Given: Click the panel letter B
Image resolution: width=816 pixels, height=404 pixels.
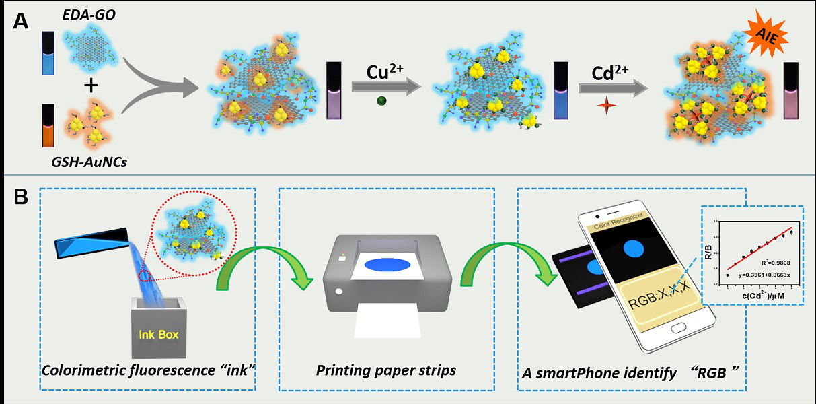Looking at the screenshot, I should [20, 197].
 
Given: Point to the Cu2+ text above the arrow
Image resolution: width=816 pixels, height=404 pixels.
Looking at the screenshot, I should [386, 72].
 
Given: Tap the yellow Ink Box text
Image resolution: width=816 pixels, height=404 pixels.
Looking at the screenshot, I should [158, 333].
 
